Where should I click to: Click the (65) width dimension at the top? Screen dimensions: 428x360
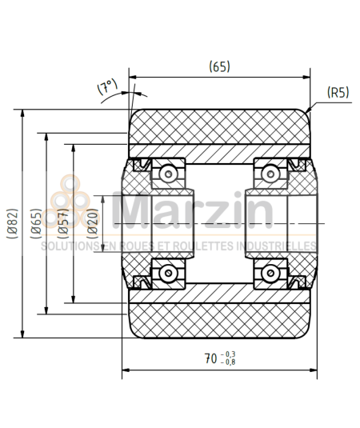(x=219, y=67)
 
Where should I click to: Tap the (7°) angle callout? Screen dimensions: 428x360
(x=107, y=87)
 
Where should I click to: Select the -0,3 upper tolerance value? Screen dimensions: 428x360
(x=230, y=354)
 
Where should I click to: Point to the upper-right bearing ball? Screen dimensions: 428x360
(x=270, y=173)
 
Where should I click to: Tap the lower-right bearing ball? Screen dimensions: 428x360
(x=270, y=273)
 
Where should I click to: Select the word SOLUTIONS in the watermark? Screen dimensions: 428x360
(x=67, y=246)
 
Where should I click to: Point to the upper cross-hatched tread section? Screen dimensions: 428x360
(x=218, y=126)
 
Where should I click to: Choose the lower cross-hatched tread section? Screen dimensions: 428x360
(x=218, y=320)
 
